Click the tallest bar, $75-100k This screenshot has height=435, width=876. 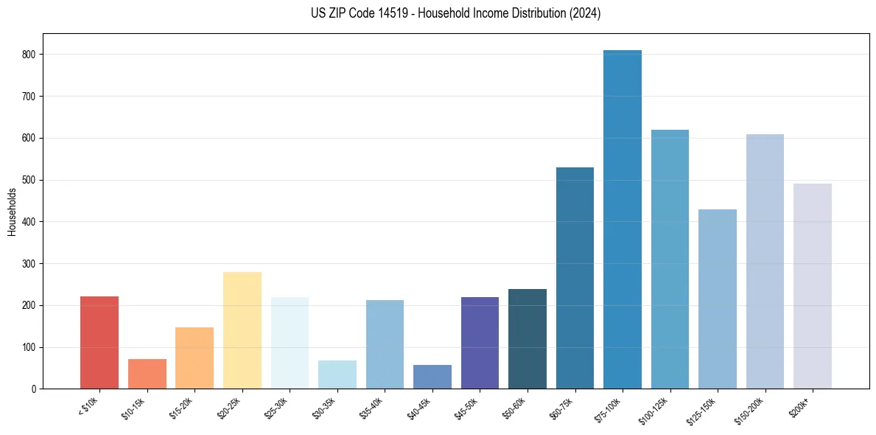click(x=622, y=221)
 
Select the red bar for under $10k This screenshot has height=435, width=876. click(x=99, y=343)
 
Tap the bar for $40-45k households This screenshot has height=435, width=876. click(x=432, y=377)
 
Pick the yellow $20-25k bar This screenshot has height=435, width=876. click(x=242, y=330)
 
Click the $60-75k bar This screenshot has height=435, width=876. click(x=575, y=278)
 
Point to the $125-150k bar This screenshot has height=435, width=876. click(x=717, y=299)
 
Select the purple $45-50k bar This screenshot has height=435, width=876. click(x=480, y=343)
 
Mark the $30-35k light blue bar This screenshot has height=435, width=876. click(x=337, y=375)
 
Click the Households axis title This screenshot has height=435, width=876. click(x=12, y=211)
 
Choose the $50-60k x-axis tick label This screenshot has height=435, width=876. click(x=515, y=408)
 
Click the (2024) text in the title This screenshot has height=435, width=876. click(x=585, y=13)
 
